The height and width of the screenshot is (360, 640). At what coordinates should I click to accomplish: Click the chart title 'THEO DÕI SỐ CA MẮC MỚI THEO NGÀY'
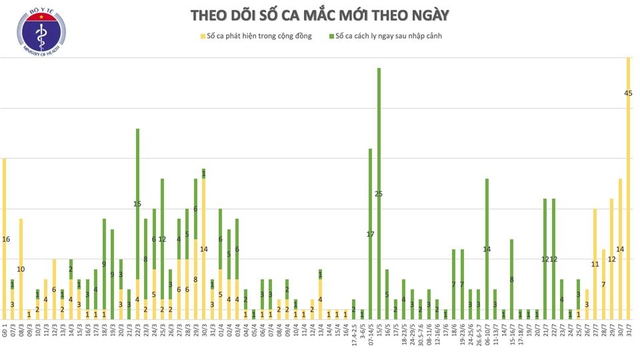(319, 15)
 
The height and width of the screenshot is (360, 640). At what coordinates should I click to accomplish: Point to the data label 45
(628, 93)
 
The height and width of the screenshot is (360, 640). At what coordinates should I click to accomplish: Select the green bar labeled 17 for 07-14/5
(371, 233)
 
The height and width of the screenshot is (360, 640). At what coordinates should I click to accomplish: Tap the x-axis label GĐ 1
(4, 329)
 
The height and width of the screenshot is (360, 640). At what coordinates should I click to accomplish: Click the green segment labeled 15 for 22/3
(137, 203)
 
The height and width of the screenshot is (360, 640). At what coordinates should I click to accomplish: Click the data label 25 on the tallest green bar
(379, 194)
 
